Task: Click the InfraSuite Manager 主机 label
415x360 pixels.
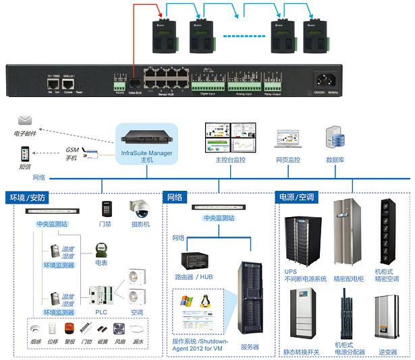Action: (146, 156)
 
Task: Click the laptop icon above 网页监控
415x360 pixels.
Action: (286, 139)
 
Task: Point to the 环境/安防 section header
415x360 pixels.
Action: (27, 198)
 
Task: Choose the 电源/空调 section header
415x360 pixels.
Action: (302, 198)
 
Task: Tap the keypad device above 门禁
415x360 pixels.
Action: (106, 208)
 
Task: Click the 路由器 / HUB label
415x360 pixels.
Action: (194, 276)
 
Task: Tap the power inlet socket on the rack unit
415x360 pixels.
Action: (325, 80)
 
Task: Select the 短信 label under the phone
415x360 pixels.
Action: (24, 167)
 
